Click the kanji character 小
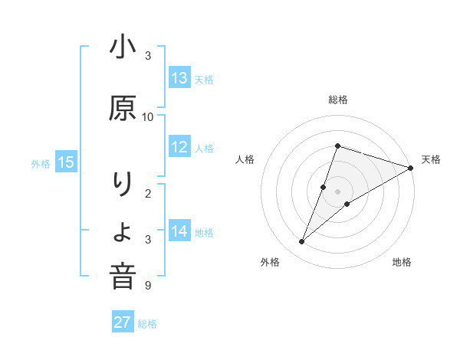[123, 48]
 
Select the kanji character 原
[123, 109]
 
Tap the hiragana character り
[123, 185]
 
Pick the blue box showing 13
[179, 77]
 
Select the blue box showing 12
[179, 148]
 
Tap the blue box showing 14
[179, 231]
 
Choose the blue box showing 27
[123, 322]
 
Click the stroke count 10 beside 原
[148, 116]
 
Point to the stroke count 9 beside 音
[148, 286]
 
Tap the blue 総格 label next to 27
[147, 323]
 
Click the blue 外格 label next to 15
[41, 162]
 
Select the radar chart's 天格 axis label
[431, 159]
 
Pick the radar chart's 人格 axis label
[245, 159]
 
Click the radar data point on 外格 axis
[301, 241]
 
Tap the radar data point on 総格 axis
[337, 146]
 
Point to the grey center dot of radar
[337, 191]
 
